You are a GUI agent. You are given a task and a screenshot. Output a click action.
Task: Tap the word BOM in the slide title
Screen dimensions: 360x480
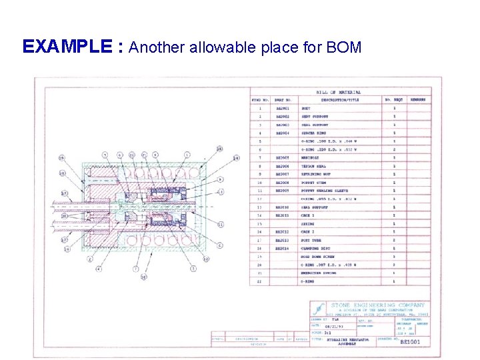click(x=344, y=47)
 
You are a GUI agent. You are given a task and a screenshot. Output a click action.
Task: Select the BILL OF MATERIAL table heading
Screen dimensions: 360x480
click(x=339, y=92)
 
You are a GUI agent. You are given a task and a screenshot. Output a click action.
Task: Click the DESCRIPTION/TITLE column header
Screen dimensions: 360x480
click(x=339, y=100)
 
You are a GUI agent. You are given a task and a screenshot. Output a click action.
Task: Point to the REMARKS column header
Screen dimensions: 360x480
click(x=418, y=100)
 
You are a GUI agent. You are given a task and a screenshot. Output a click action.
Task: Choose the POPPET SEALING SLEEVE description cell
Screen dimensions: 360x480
click(x=325, y=190)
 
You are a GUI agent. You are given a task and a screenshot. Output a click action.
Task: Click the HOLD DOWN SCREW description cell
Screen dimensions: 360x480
click(x=319, y=256)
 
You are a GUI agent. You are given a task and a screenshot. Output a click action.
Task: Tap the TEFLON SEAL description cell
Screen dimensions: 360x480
click(x=314, y=166)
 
